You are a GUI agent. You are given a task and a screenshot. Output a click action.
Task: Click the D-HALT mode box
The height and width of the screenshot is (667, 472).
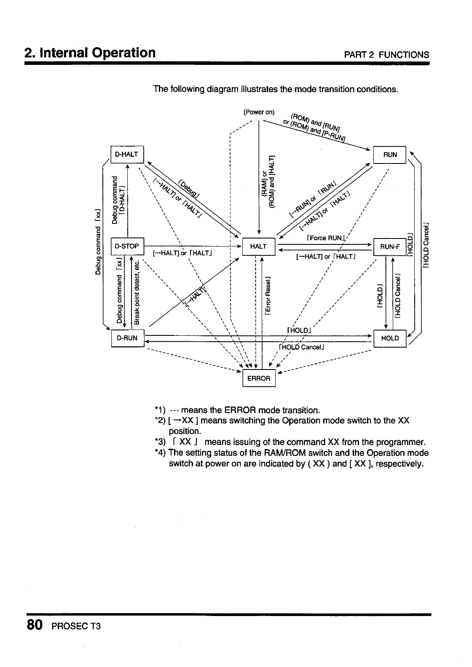[127, 154]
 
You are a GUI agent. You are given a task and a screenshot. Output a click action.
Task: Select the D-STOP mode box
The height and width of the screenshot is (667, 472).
[127, 246]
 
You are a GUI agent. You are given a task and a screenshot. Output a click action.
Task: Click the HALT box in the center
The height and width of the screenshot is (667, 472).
[258, 246]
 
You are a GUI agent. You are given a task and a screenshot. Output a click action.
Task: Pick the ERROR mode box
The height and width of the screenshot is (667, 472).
[259, 378]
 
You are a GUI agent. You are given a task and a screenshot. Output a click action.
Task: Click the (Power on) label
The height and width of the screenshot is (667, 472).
[259, 112]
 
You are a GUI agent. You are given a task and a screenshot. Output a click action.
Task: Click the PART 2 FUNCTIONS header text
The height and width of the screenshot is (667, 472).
[386, 55]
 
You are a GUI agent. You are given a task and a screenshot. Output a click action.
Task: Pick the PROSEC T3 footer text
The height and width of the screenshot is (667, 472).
[76, 626]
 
